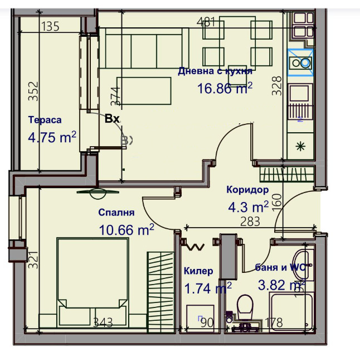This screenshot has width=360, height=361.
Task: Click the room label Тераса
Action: pyautogui.click(x=45, y=120)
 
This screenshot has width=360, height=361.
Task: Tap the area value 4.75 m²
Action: pyautogui.click(x=52, y=137)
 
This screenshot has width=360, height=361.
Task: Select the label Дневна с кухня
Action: pyautogui.click(x=215, y=71)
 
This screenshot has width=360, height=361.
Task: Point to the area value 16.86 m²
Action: pyautogui.click(x=225, y=88)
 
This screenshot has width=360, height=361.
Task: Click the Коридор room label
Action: pyautogui.click(x=247, y=190)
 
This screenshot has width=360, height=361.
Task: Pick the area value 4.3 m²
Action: pyautogui.click(x=248, y=207)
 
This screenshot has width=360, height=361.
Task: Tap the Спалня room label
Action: pyautogui.click(x=116, y=213)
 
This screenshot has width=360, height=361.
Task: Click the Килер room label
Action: pyautogui.click(x=198, y=271)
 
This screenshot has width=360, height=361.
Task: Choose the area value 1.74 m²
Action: pyautogui.click(x=207, y=288)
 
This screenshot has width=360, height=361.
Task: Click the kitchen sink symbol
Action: pyautogui.click(x=301, y=62)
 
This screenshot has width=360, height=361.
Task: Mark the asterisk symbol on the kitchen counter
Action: pyautogui.click(x=300, y=147)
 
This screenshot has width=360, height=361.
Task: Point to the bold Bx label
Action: pyautogui.click(x=112, y=118)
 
